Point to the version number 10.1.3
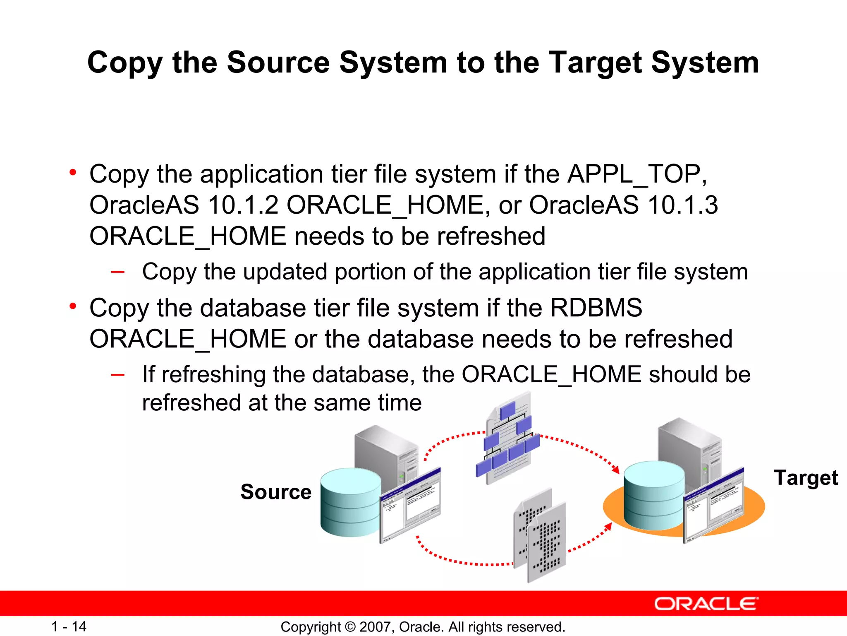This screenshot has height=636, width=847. [682, 205]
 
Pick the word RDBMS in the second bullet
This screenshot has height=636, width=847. [596, 308]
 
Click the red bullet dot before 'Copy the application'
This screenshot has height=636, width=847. [73, 172]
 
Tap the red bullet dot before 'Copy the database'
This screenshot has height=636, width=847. [73, 306]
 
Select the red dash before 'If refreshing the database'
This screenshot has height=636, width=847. [118, 375]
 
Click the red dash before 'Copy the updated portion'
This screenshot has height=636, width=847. [118, 272]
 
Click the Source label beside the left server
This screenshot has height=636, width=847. [276, 492]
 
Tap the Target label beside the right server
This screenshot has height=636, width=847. [806, 478]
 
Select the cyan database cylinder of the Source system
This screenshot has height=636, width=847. [350, 503]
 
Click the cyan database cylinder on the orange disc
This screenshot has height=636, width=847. [654, 496]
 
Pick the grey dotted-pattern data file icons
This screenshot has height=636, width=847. [540, 536]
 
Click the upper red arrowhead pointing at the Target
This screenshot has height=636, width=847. [616, 470]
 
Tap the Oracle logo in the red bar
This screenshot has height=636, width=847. [706, 604]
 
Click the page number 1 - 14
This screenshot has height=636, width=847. [69, 626]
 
